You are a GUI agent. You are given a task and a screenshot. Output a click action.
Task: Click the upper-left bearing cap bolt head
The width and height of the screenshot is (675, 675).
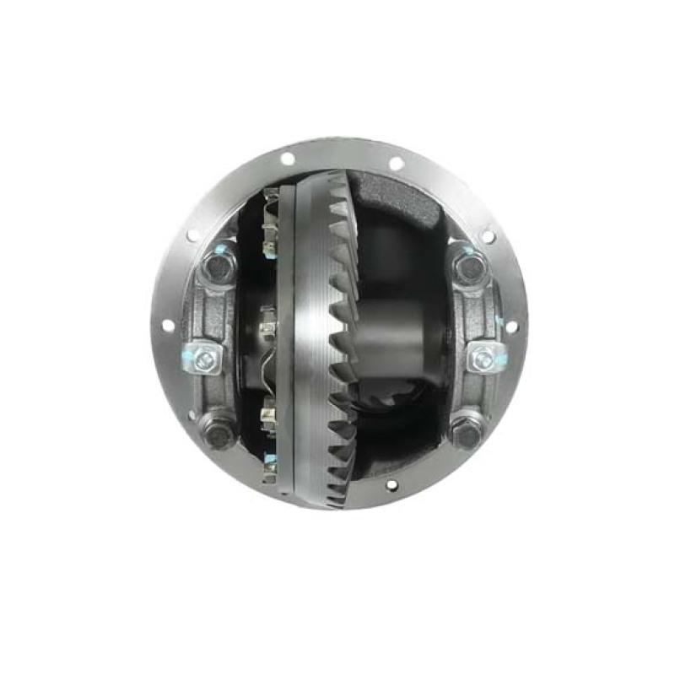[x=218, y=268]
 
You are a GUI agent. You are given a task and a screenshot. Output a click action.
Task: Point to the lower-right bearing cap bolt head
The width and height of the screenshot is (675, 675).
[x=466, y=432]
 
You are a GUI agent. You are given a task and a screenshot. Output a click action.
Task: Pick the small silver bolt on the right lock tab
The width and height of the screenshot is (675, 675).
[x=483, y=359]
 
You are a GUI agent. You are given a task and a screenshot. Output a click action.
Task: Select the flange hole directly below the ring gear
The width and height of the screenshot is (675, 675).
[x=390, y=485]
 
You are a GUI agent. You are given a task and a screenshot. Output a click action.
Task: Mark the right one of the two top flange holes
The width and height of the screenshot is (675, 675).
[x=396, y=164]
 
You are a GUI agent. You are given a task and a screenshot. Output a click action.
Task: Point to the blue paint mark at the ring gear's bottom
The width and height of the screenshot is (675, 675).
[x=272, y=460]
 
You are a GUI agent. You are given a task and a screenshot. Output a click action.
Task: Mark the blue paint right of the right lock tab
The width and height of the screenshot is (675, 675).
[x=503, y=359]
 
